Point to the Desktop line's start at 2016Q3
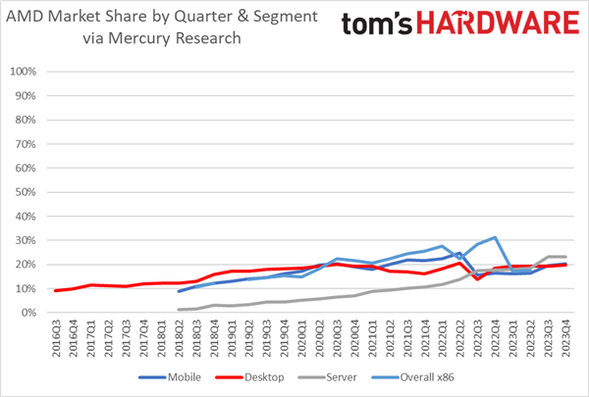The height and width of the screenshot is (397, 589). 58,290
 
